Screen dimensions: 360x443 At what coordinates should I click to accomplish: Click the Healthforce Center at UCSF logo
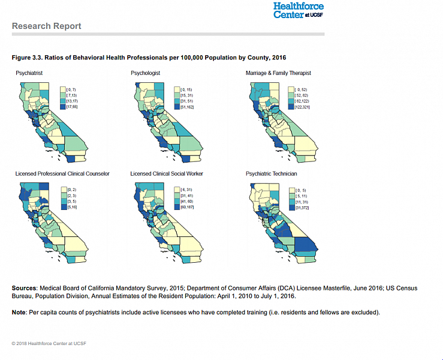point(298,10)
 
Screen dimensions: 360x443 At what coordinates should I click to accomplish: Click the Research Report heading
point(46,26)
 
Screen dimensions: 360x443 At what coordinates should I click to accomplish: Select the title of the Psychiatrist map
point(29,73)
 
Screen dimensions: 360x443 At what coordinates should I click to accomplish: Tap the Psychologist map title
point(146,73)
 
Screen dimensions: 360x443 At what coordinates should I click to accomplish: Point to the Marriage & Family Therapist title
point(278,73)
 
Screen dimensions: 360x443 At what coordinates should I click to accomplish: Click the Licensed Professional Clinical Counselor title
point(62,173)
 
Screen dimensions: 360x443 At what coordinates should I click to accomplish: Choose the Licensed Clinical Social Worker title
point(167,173)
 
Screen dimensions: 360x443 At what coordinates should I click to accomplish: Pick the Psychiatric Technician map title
point(271,173)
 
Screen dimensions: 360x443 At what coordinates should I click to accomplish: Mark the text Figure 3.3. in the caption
point(26,57)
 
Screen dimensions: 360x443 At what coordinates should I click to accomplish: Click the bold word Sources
point(25,289)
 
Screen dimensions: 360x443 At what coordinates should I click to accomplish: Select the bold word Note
point(19,313)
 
